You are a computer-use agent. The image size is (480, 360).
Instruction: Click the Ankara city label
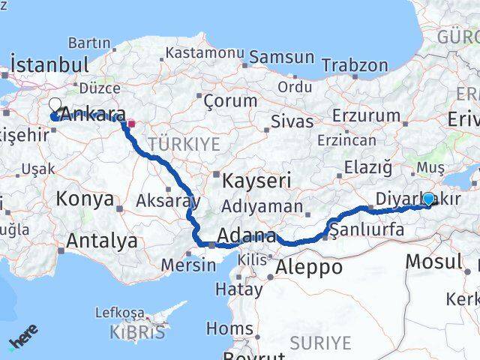tap(93, 115)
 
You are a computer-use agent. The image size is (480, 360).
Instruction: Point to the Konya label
tap(85, 199)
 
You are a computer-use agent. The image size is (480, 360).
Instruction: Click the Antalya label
tap(102, 241)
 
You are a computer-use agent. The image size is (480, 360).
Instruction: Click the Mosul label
tap(433, 262)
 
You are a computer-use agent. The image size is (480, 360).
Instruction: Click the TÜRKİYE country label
tap(184, 144)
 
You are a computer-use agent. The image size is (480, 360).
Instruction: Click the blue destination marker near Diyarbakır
tap(427, 199)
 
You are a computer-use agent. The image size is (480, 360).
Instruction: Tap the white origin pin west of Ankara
tap(55, 106)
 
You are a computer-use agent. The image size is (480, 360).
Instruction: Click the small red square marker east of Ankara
tap(130, 124)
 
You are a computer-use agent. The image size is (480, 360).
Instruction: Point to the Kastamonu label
tap(205, 53)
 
